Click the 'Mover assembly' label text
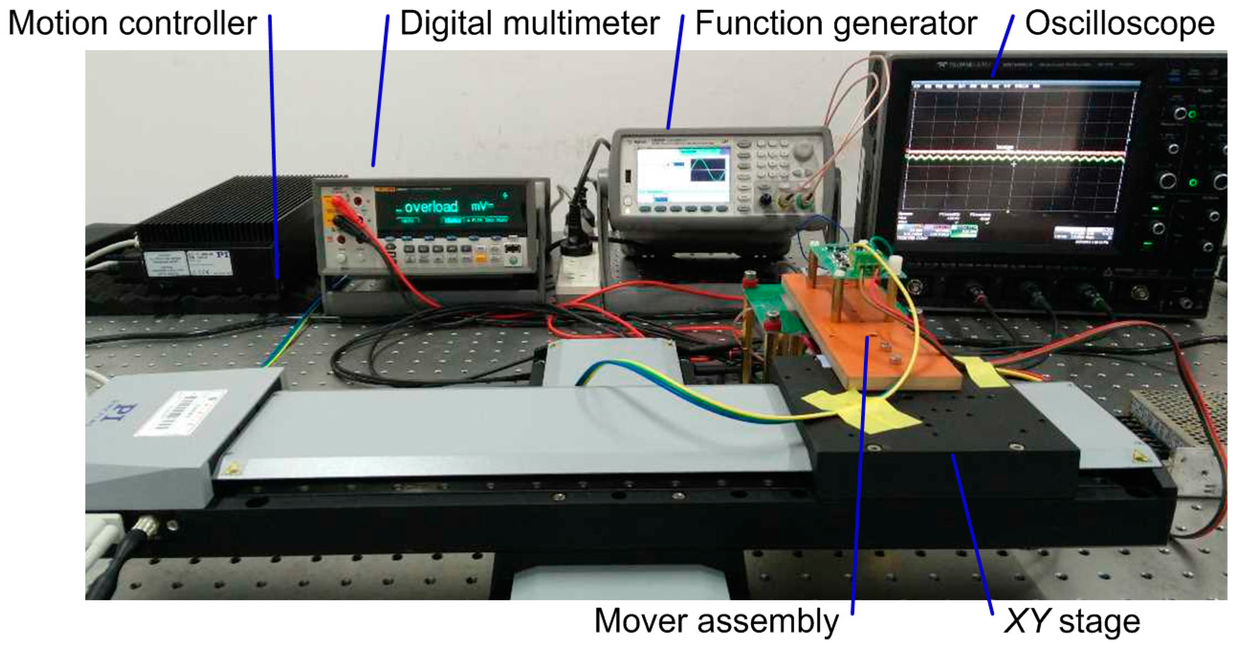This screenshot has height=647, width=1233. click(x=716, y=621)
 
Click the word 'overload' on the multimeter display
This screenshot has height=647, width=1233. click(x=431, y=207)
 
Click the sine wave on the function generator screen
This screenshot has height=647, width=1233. click(x=708, y=170)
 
